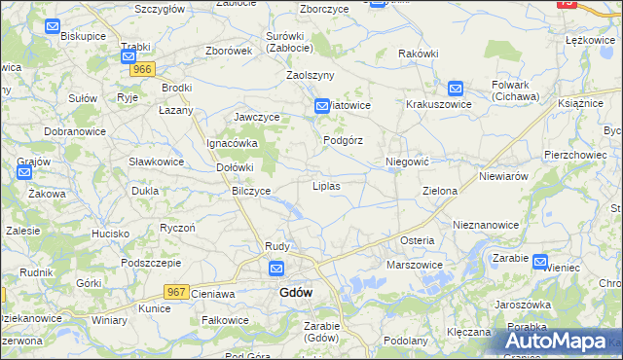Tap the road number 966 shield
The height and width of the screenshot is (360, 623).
tap(143, 69)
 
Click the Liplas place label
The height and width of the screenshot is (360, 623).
tap(325, 185)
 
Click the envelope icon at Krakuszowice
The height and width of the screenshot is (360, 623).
tap(455, 87)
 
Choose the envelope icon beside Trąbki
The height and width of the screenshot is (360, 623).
tap(128, 57)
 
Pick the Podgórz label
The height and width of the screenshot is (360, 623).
tap(343, 140)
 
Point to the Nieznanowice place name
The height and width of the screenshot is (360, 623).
tap(486, 224)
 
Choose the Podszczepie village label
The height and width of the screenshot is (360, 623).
tap(153, 263)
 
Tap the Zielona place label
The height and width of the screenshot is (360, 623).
tap(439, 191)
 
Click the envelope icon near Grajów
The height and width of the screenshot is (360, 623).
tap(24, 172)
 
